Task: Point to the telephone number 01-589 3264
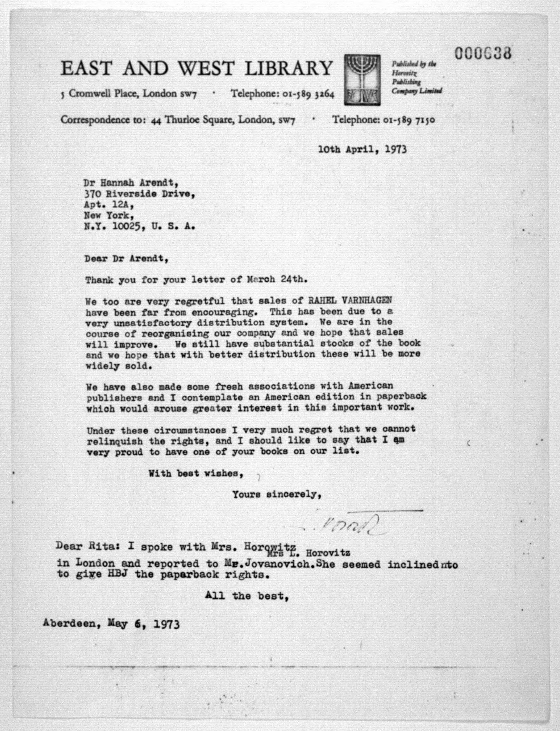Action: [308, 94]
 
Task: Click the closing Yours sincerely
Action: [277, 495]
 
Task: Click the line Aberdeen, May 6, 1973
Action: [111, 624]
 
